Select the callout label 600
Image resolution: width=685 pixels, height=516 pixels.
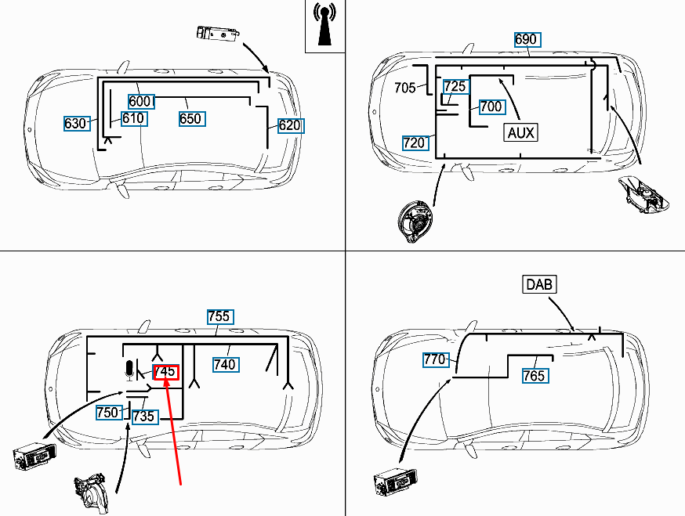tap(140, 101)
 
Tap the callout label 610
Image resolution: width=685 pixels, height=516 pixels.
tap(133, 118)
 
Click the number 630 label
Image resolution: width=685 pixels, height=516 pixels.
tap(75, 124)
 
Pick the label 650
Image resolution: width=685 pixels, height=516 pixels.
tap(190, 119)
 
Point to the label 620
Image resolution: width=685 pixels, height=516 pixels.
tap(289, 125)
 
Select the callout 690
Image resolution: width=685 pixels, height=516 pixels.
tap(526, 39)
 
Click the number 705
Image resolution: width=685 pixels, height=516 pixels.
tap(405, 88)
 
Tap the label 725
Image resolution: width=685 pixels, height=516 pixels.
tap(455, 86)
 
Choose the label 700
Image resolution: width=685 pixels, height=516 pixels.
tap(491, 106)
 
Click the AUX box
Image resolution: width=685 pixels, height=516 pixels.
tap(521, 132)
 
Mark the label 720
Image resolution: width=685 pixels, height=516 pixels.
tap(415, 143)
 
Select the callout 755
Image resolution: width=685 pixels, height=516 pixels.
tap(219, 316)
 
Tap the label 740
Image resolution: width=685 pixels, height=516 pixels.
tap(225, 364)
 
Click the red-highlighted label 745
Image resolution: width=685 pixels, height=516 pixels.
tap(166, 372)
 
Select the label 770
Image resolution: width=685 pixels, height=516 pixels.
tap(435, 360)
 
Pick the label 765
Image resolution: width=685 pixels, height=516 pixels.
tap(535, 376)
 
